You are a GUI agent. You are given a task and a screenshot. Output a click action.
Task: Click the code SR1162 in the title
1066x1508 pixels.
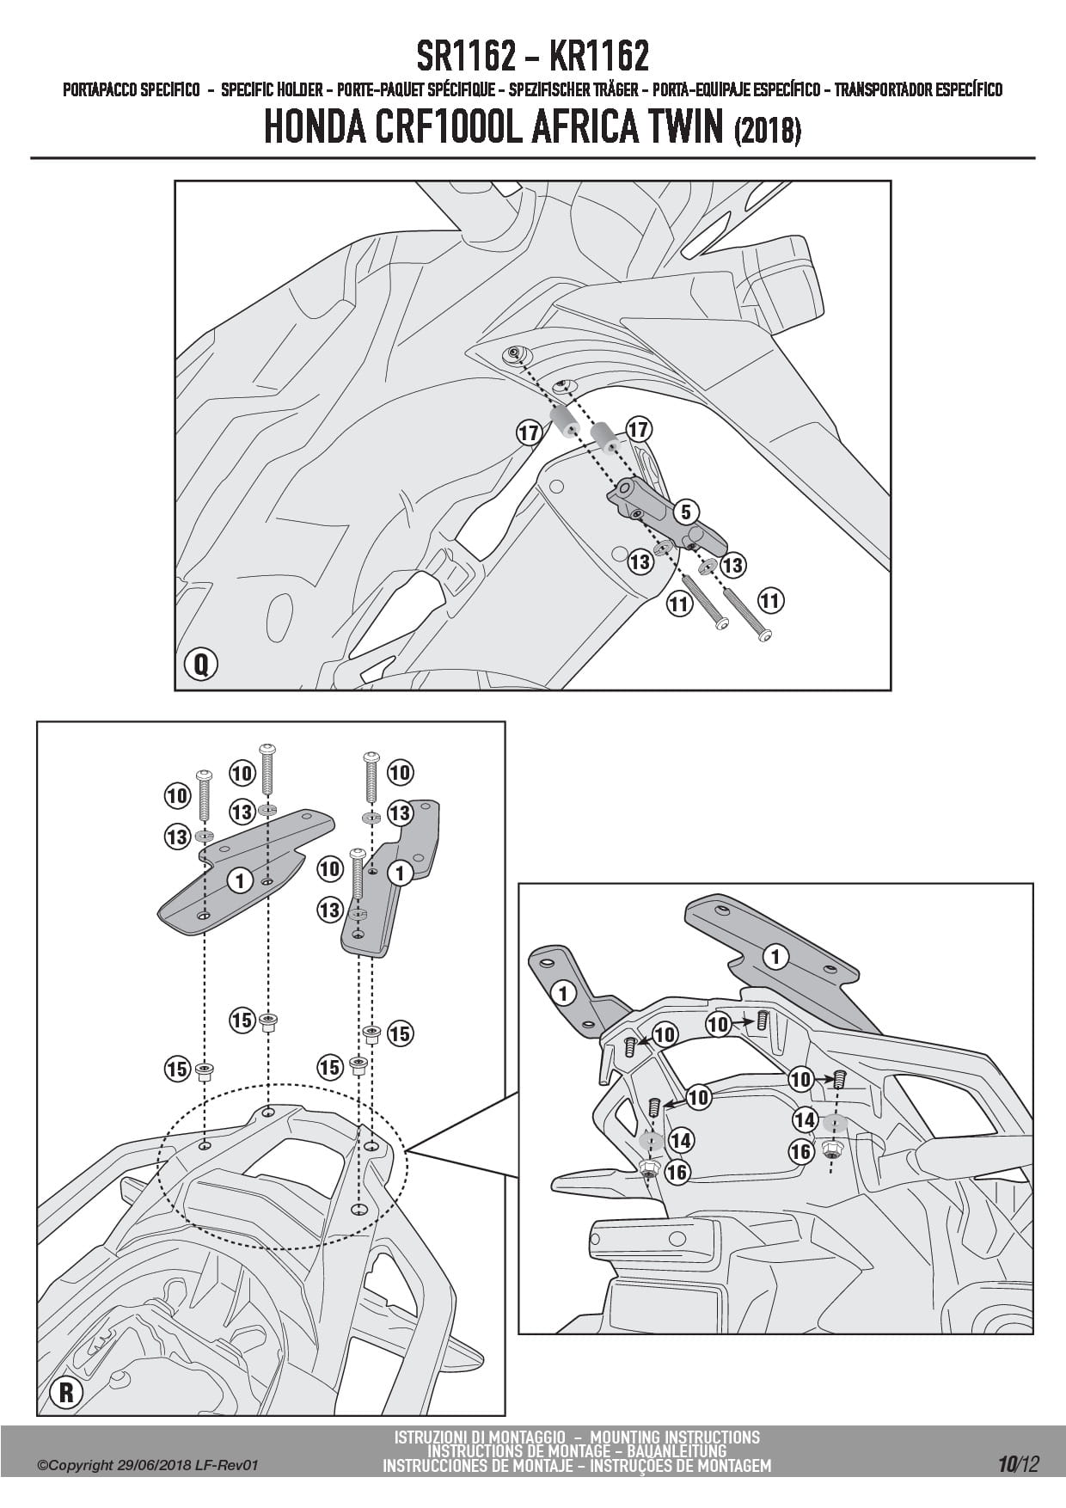pyautogui.click(x=467, y=57)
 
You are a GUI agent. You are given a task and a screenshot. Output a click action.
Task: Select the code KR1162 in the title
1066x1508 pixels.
pyautogui.click(x=598, y=57)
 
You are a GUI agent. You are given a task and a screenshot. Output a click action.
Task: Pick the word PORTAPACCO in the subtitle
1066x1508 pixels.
pyautogui.click(x=107, y=89)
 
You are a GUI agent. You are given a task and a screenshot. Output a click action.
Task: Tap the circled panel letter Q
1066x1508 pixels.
pyautogui.click(x=201, y=664)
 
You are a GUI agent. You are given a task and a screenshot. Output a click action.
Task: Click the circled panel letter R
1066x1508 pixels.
pyautogui.click(x=66, y=1393)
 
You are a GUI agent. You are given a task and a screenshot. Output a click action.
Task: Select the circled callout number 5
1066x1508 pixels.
pyautogui.click(x=685, y=512)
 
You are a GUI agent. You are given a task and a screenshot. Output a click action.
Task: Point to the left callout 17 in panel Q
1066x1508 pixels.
pyautogui.click(x=529, y=432)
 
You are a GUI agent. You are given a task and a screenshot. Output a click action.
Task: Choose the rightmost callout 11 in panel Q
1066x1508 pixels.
pyautogui.click(x=769, y=600)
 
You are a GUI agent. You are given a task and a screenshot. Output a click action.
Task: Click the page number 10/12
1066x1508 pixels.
pyautogui.click(x=1019, y=1464)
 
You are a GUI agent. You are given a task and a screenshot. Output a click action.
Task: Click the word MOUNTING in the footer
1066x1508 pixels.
pyautogui.click(x=624, y=1437)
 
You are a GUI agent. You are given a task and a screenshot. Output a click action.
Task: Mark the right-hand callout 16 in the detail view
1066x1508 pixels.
pyautogui.click(x=801, y=1150)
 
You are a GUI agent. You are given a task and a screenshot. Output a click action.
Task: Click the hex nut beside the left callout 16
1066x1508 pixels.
pyautogui.click(x=650, y=1167)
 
